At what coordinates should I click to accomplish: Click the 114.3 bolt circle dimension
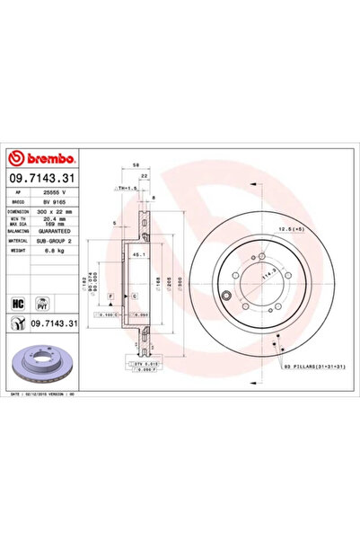point(267,278)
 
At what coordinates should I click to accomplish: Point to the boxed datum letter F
point(110,295)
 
